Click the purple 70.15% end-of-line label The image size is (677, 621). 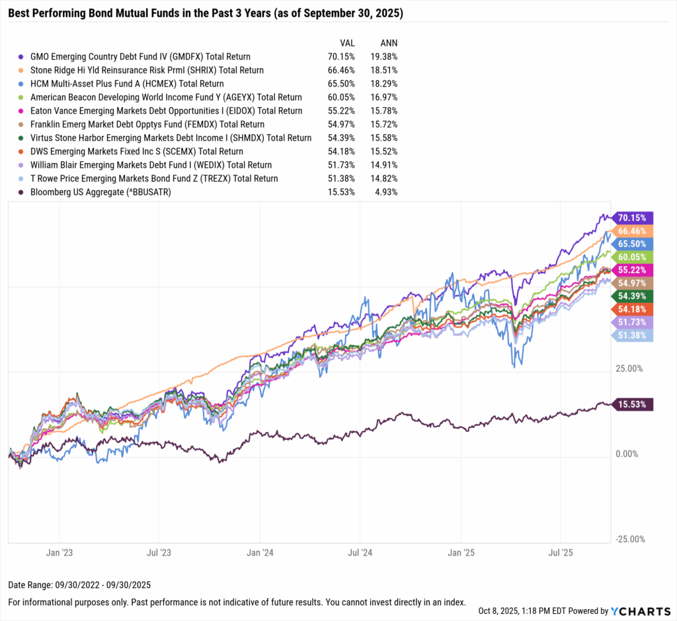(x=633, y=217)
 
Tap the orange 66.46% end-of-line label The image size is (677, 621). (x=633, y=231)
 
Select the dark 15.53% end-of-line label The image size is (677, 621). (x=633, y=403)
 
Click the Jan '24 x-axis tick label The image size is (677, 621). (x=260, y=551)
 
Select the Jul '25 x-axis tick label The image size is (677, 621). (x=560, y=551)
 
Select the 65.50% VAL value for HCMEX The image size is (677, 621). (x=342, y=84)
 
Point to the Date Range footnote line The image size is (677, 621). (x=79, y=586)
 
